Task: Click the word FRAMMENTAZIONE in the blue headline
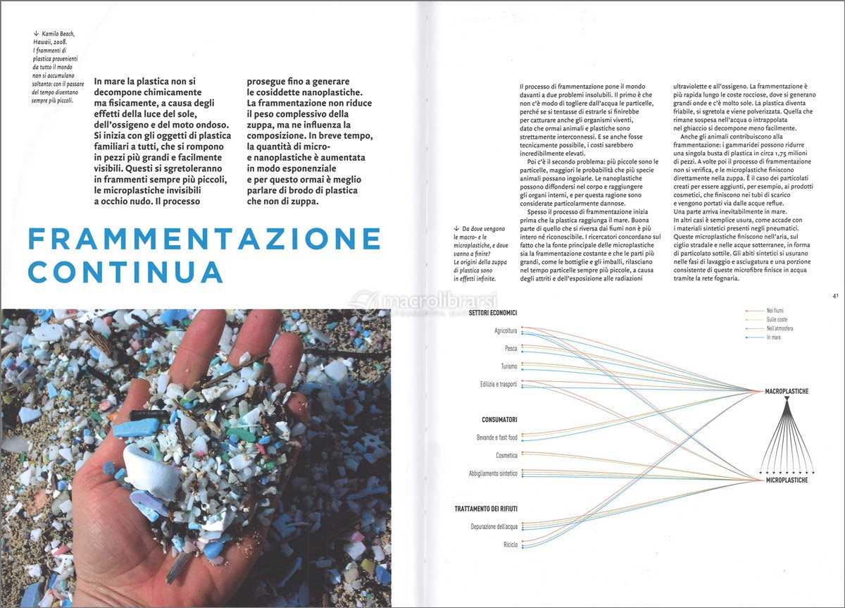(204, 239)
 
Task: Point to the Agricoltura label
(506, 330)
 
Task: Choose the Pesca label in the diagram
(511, 348)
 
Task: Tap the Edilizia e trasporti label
(499, 384)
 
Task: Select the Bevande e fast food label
(496, 438)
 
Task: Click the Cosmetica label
(506, 455)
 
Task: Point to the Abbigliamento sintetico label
(493, 473)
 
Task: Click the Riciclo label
(511, 545)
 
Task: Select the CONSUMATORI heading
(499, 419)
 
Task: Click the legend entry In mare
(774, 338)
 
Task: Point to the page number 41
(834, 297)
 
